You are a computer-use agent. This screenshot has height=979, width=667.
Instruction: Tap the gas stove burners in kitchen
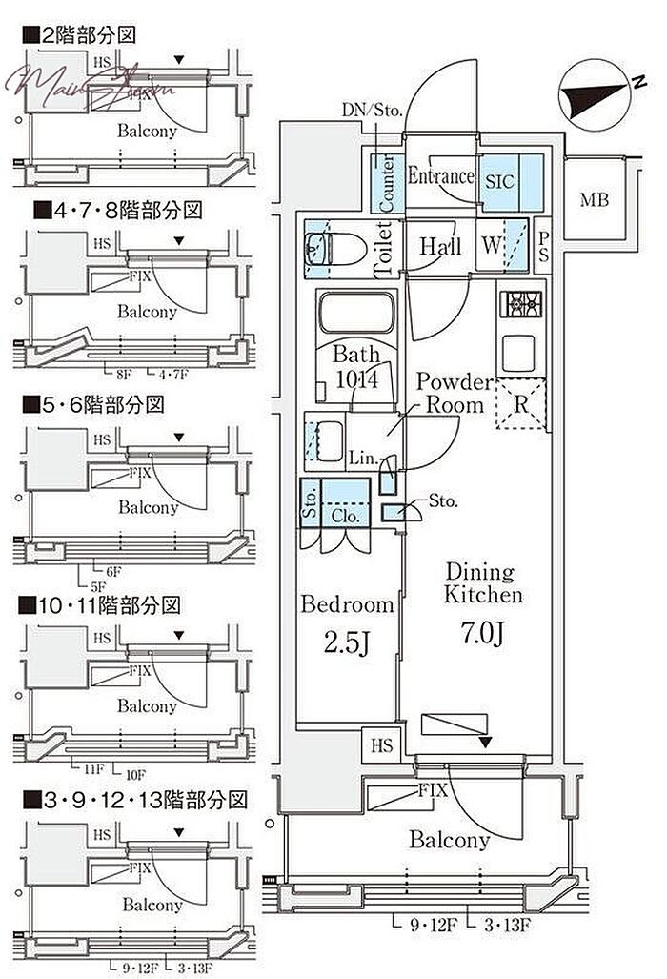[x=520, y=305]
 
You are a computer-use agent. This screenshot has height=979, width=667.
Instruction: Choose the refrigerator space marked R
[x=521, y=404]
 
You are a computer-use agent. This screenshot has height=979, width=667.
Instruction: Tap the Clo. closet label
[x=345, y=516]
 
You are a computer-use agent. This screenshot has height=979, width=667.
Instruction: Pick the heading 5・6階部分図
[x=93, y=404]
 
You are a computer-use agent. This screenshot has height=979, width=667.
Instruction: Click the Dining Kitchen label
[x=485, y=583]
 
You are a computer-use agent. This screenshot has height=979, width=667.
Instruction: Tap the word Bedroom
[x=347, y=604]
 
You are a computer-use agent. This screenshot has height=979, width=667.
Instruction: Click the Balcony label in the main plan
[x=449, y=840]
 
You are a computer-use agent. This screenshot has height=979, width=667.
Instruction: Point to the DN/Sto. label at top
[x=373, y=112]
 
